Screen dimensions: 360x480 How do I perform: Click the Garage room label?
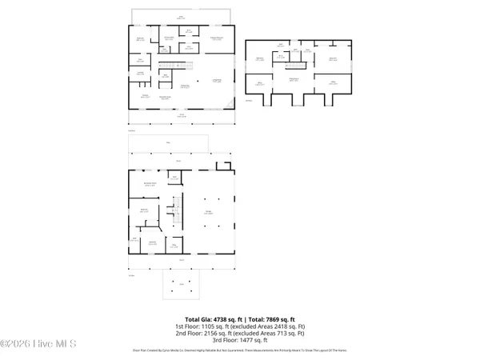pyautogui.click(x=208, y=213)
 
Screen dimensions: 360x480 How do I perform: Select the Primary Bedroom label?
pyautogui.click(x=215, y=38)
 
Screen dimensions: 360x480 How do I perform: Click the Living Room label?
pyautogui.click(x=216, y=80)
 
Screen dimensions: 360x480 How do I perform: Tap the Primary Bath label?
pyautogui.click(x=169, y=38)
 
